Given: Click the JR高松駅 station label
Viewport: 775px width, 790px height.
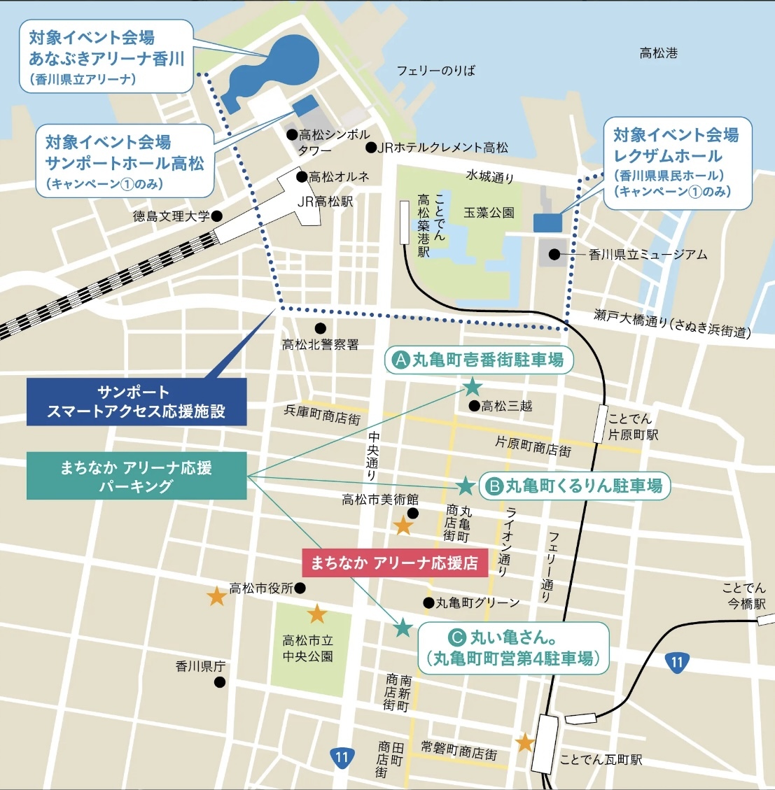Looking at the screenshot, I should [x=326, y=202].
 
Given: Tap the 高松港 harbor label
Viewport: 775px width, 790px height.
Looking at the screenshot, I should [x=658, y=52].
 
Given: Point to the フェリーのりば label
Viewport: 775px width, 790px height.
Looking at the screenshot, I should [x=435, y=70].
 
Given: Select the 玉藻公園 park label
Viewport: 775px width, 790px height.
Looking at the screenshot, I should [x=489, y=212].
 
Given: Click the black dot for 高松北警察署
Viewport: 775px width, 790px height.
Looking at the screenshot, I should [x=320, y=327].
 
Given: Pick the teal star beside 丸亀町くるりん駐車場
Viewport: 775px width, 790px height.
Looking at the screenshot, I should [x=465, y=485].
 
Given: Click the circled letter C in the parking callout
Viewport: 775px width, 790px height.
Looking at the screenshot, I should [x=456, y=637].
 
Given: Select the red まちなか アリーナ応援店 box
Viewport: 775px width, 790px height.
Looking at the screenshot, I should [x=394, y=563].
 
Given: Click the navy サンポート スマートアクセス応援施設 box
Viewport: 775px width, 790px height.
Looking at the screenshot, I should [x=137, y=402].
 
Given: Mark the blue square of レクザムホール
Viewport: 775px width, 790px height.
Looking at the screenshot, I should [x=547, y=223].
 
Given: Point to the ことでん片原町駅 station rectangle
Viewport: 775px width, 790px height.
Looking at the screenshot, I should [x=599, y=423].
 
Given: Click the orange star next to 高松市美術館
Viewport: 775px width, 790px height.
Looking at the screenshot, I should [x=403, y=526].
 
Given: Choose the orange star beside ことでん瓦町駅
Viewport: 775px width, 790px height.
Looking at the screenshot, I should [x=525, y=742].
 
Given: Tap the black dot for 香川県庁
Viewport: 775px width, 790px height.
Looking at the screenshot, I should [x=220, y=682].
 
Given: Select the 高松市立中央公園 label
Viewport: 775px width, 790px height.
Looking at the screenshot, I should [x=307, y=648].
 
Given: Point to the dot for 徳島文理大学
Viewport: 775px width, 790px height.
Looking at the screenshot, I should [x=217, y=216].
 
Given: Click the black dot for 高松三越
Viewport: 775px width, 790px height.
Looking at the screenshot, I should [x=474, y=406].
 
